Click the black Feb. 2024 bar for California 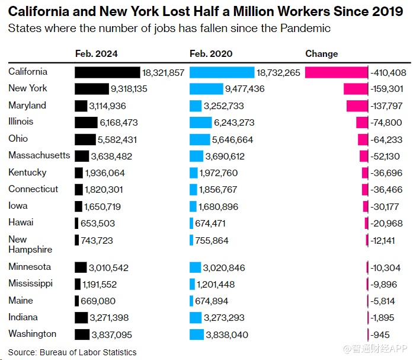tap(107, 72)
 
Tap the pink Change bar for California tap(336, 72)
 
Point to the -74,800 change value tap(388, 123)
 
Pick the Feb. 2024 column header tap(97, 53)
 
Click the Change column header tap(322, 53)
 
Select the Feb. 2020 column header tap(211, 53)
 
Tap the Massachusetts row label tap(39, 155)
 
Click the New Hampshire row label tap(30, 244)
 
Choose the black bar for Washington tap(82, 334)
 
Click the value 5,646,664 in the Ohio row tap(237, 140)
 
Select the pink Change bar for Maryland tap(357, 106)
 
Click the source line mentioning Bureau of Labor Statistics tap(72, 352)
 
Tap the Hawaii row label tap(21, 222)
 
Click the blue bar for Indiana tap(197, 318)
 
